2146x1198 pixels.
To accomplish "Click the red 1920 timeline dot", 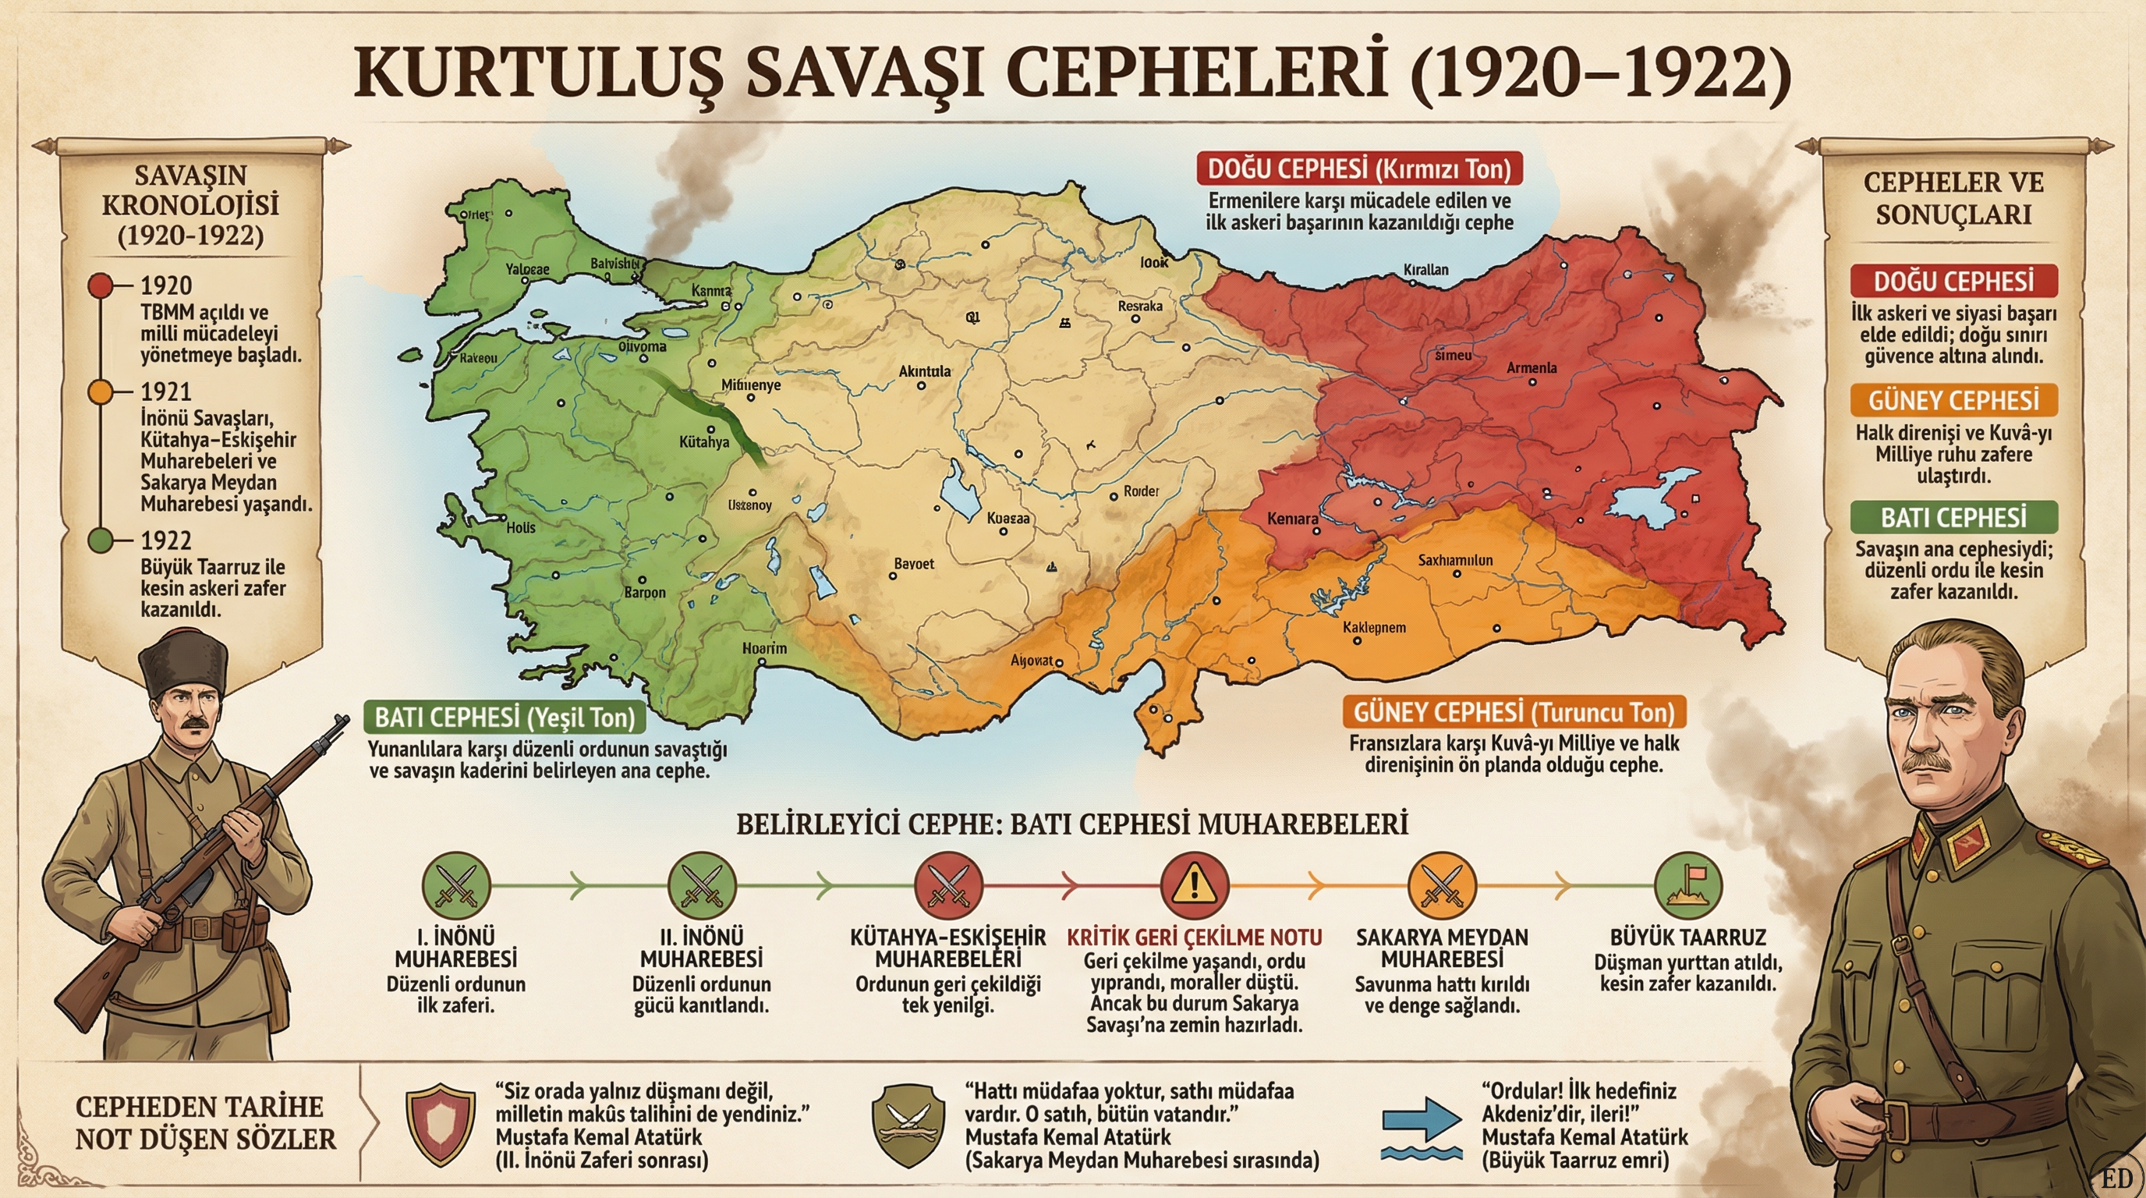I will (100, 285).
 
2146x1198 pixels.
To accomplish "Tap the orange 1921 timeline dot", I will (100, 392).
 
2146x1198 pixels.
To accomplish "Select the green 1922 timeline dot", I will (100, 541).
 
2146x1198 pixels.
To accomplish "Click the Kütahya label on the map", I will (704, 441).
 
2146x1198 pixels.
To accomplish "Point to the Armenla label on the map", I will (1532, 367).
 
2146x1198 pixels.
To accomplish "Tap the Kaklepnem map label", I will (1374, 627).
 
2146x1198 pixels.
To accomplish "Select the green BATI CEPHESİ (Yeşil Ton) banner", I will (505, 718).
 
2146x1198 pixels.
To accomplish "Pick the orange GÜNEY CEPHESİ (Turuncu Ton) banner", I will (1513, 712).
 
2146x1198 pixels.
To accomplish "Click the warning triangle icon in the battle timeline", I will (1194, 884).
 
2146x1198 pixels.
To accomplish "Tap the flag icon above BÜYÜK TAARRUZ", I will (1687, 884).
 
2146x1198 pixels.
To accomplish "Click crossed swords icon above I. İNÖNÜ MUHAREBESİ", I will (455, 884).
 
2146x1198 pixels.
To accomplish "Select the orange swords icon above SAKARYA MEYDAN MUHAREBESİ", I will (1441, 884).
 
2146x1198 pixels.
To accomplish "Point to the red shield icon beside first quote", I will (441, 1123).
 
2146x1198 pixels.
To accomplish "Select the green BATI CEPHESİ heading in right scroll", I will (1953, 517).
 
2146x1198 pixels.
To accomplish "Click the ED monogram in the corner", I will (2117, 1178).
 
